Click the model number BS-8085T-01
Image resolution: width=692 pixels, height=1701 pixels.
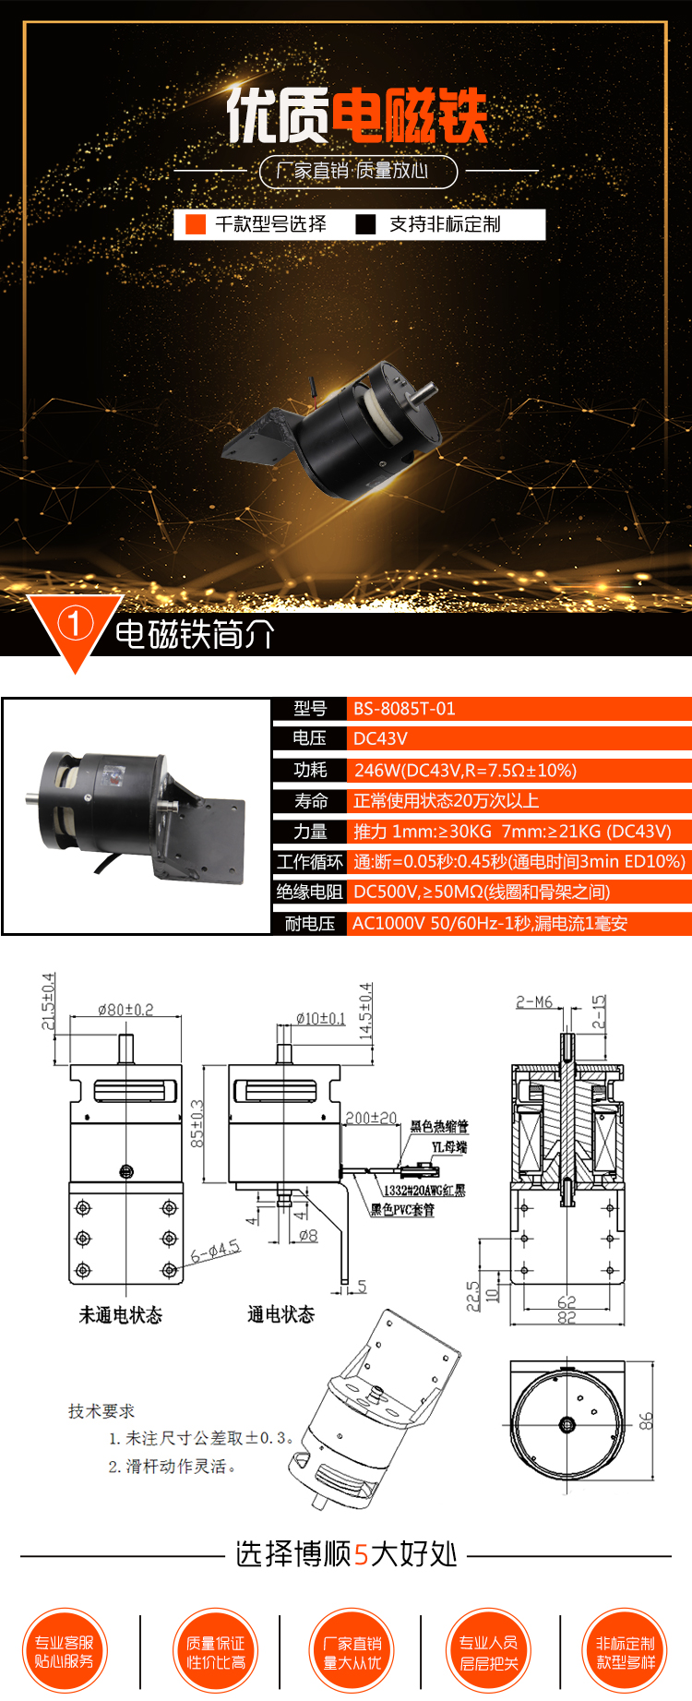[x=404, y=709]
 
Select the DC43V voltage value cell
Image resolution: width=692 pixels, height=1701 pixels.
[x=380, y=738]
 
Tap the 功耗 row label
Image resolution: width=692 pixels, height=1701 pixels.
[x=310, y=770]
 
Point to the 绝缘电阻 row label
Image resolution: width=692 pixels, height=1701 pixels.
[x=309, y=892]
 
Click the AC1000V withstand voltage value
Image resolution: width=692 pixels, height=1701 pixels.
[x=489, y=924]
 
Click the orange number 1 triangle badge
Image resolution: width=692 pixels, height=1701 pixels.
[x=75, y=626]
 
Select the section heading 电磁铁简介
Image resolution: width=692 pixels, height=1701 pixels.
[x=195, y=635]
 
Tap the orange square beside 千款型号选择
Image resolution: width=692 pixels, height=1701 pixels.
[x=196, y=224]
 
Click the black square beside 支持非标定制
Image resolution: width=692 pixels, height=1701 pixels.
[x=365, y=224]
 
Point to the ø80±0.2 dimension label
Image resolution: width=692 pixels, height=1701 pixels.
[x=125, y=1011]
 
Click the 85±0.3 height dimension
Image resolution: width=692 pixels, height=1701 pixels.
[x=197, y=1123]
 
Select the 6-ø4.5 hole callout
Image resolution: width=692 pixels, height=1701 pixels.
[x=215, y=1252]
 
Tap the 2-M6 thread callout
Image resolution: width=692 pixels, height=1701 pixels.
[x=534, y=1001]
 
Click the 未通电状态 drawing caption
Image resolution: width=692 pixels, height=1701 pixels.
[x=121, y=1315]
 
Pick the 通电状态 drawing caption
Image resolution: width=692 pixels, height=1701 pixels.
[x=281, y=1314]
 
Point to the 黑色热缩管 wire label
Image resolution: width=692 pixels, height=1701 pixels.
[x=439, y=1126]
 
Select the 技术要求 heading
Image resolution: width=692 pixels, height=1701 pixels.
[x=101, y=1411]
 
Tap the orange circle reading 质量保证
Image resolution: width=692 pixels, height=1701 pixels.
[x=216, y=1652]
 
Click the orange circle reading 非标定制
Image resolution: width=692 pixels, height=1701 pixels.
[x=625, y=1652]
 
